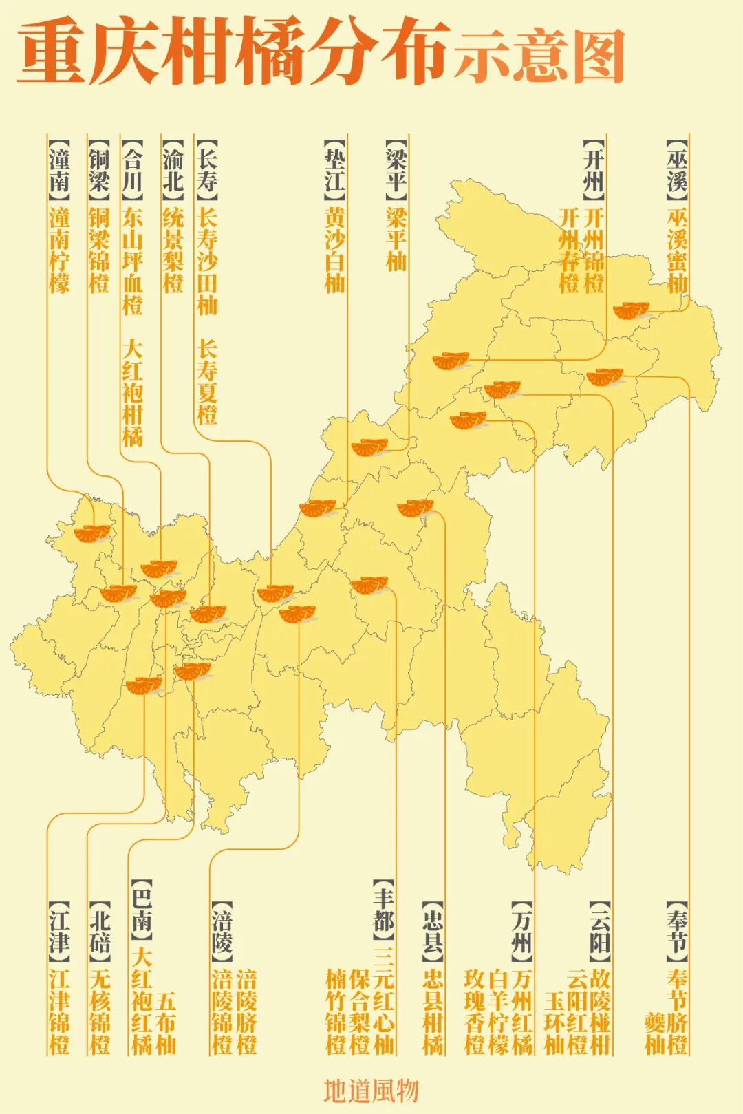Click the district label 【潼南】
pyautogui.click(x=59, y=169)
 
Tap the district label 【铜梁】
pyautogui.click(x=99, y=169)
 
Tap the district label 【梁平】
pyautogui.click(x=396, y=169)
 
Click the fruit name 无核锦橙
pyautogui.click(x=100, y=1011)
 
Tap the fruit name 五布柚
pyautogui.click(x=166, y=1022)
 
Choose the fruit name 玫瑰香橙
pyautogui.click(x=475, y=1011)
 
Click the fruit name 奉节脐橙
pyautogui.click(x=677, y=1011)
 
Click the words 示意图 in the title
pyautogui.click(x=539, y=56)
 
